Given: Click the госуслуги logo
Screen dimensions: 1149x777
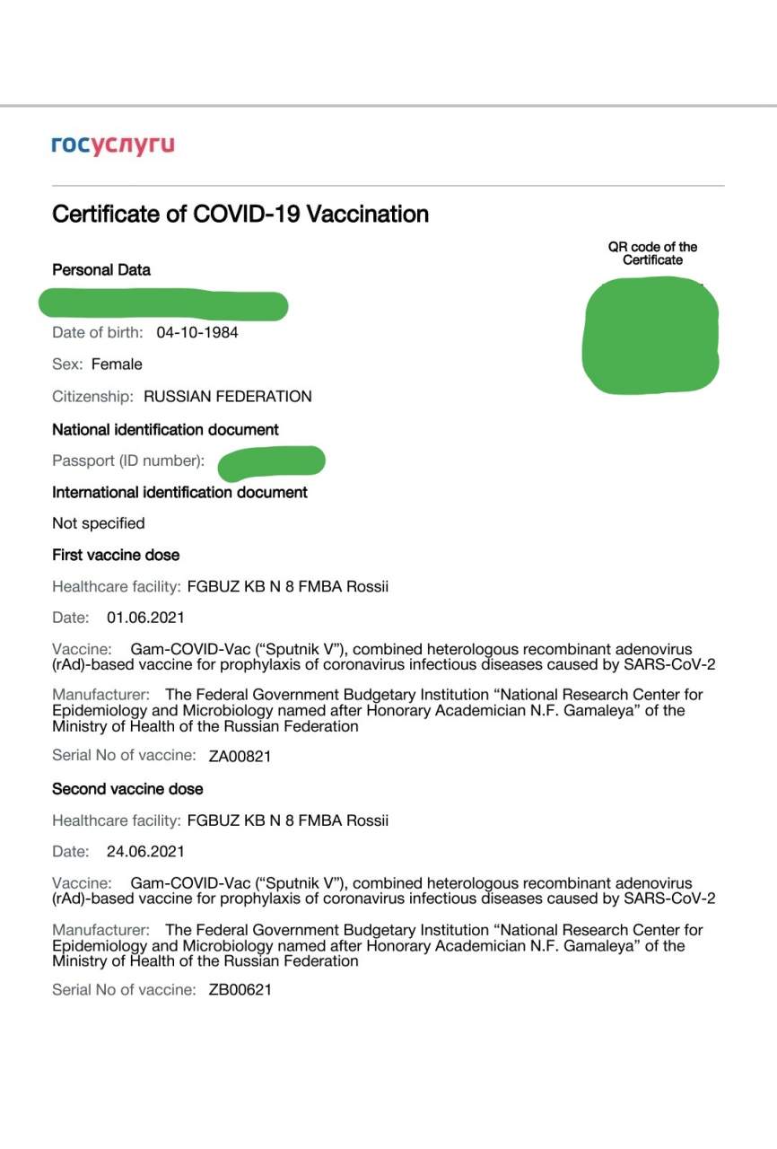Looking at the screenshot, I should (113, 145).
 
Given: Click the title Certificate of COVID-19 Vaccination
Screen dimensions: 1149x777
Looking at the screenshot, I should (240, 215).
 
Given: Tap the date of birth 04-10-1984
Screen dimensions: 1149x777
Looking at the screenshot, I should (197, 333).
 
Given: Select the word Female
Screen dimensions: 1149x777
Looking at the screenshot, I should (117, 364).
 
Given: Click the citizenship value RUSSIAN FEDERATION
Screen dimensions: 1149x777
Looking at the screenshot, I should (228, 396).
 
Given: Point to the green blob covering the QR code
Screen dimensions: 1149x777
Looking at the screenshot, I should (651, 335).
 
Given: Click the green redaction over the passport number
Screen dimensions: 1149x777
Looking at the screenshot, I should (271, 461).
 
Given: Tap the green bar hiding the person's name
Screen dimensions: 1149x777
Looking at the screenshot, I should (163, 304).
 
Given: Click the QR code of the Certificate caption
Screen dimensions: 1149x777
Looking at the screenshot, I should (652, 253).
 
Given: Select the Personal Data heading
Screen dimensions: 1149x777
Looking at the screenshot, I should (101, 270).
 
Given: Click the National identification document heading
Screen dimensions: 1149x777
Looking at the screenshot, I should (165, 430).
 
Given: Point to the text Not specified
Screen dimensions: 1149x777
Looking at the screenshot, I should (99, 523).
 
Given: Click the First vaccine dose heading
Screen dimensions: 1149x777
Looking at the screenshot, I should (116, 556).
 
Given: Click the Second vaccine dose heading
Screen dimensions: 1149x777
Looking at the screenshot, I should (127, 789).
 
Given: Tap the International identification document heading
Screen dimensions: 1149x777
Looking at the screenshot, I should (179, 493).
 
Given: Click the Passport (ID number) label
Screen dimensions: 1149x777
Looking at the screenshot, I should (128, 461).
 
